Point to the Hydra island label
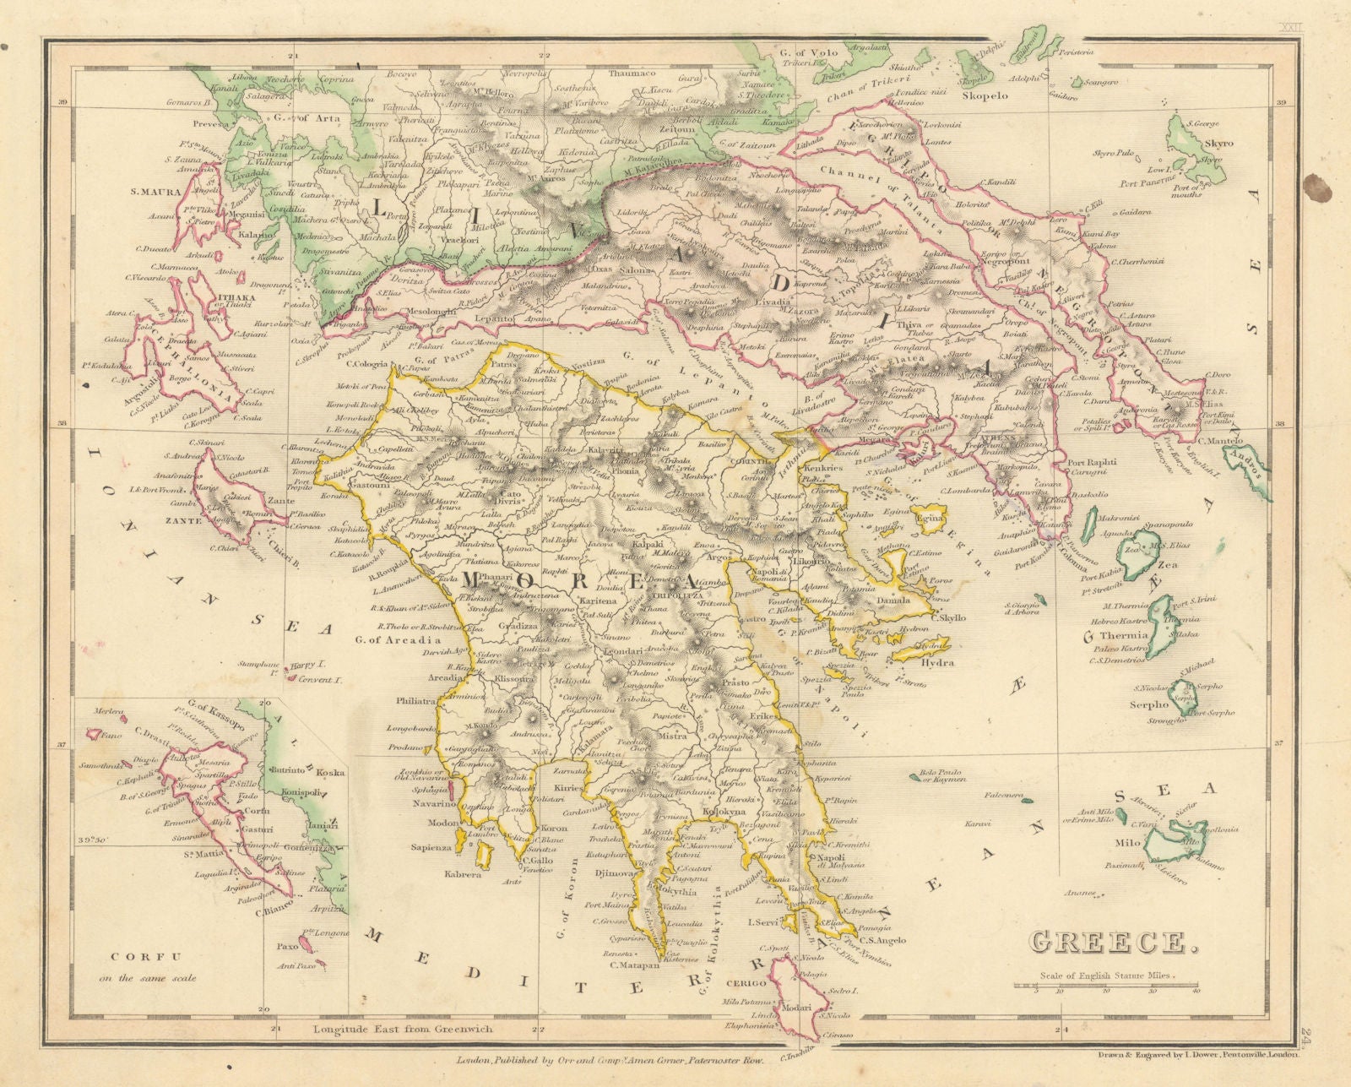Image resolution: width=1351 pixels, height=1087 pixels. tap(936, 663)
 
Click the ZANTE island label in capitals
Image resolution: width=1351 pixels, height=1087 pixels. tap(183, 521)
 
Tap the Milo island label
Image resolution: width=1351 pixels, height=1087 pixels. tap(1127, 843)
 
